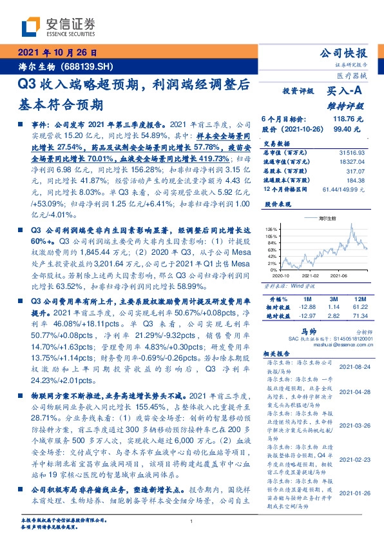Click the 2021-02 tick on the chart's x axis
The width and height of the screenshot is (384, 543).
click(314, 274)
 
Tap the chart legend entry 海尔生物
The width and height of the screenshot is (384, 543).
click(328, 219)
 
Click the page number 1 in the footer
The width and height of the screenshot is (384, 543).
click(192, 522)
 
